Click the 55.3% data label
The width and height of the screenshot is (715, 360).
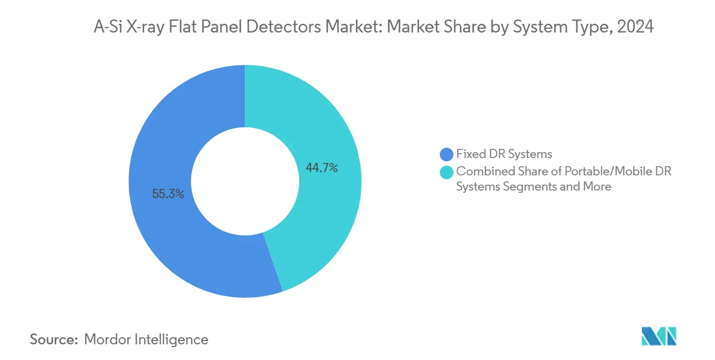(168, 194)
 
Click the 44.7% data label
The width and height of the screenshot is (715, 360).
(322, 168)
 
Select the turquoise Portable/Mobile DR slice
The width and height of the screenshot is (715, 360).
(325, 217)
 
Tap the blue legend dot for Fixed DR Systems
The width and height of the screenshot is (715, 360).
(447, 154)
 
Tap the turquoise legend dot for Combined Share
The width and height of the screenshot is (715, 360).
(447, 172)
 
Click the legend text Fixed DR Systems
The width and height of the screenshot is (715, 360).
(504, 154)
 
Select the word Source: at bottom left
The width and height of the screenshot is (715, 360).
(54, 339)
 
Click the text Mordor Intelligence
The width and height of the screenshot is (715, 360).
(146, 339)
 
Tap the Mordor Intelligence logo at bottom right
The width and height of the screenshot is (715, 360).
(659, 336)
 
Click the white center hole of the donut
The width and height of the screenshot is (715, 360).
(245, 181)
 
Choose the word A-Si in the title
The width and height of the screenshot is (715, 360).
(107, 27)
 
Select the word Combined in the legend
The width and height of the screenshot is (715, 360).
(481, 172)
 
